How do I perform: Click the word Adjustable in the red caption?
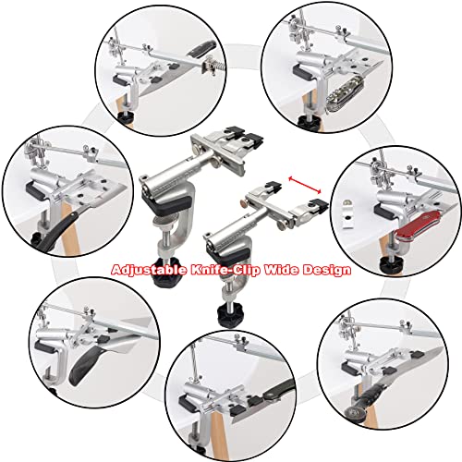(x=145, y=271)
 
